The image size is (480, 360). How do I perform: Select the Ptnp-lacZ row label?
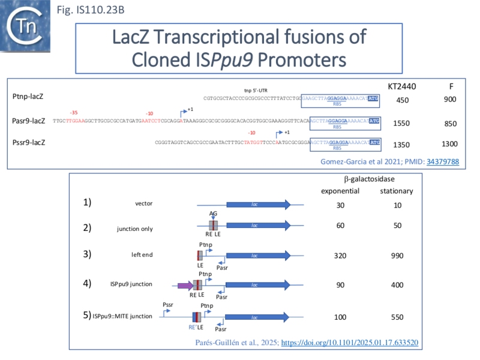(28, 96)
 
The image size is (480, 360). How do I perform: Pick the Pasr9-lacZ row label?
(29, 121)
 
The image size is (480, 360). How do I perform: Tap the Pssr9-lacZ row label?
(28, 143)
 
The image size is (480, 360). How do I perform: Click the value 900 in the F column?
(449, 100)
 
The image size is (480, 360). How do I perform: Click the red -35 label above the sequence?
(73, 113)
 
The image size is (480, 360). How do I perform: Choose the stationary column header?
(397, 191)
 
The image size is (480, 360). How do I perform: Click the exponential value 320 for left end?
(340, 255)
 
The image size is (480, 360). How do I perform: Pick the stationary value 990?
(397, 255)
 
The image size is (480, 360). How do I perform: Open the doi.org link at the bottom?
(350, 343)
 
